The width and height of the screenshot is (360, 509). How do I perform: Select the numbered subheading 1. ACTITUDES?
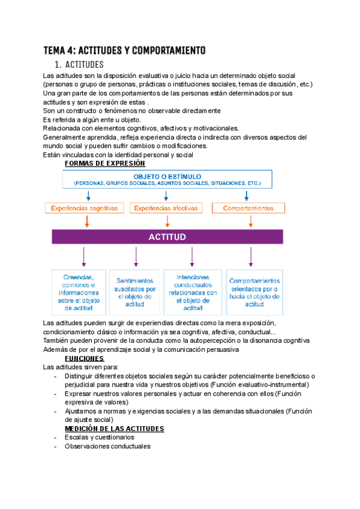tap(79, 64)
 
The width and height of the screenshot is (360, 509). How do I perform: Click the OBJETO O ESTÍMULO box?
tap(168, 179)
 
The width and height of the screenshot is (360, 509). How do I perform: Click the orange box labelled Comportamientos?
tap(248, 208)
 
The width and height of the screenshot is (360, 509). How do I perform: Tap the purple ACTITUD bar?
tap(167, 237)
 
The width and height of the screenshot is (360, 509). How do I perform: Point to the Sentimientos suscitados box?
tap(135, 292)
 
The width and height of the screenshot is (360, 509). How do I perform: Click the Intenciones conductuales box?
tap(193, 292)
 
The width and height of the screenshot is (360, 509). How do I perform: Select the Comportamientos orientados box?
tap(254, 292)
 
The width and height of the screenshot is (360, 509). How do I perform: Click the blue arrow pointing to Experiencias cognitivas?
tap(88, 196)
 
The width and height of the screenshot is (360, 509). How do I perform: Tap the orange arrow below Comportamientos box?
tap(248, 221)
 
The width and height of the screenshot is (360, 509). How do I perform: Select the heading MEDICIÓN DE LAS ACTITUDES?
tap(114, 429)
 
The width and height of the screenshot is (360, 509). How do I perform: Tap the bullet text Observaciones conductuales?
tap(108, 447)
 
